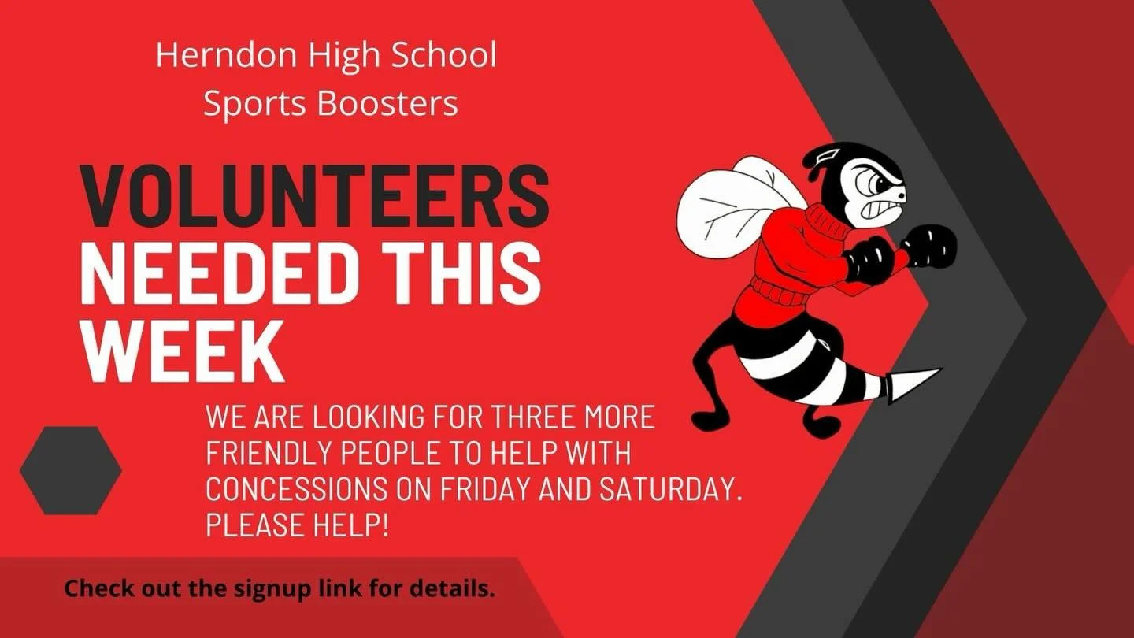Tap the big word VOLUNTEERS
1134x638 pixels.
(x=315, y=198)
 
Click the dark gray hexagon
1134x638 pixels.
(x=71, y=470)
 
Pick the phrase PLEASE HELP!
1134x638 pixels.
(x=297, y=525)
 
